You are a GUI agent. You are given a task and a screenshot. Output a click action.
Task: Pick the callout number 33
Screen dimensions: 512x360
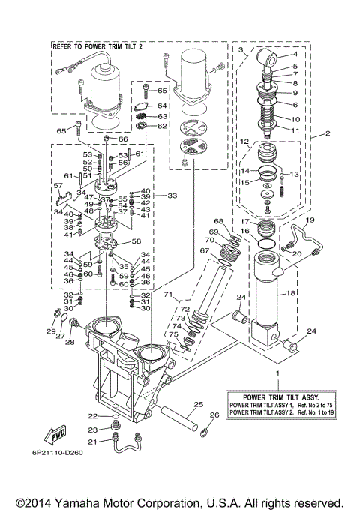172,196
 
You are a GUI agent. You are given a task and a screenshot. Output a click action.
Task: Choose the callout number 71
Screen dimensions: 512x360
168,294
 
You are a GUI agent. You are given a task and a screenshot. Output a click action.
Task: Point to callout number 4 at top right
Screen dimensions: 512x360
295,55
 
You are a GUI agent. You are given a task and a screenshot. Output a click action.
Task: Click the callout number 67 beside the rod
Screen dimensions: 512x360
203,250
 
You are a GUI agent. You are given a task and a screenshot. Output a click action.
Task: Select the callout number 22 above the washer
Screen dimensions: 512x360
92,416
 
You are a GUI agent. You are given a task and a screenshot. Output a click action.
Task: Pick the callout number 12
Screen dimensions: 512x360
244,141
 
